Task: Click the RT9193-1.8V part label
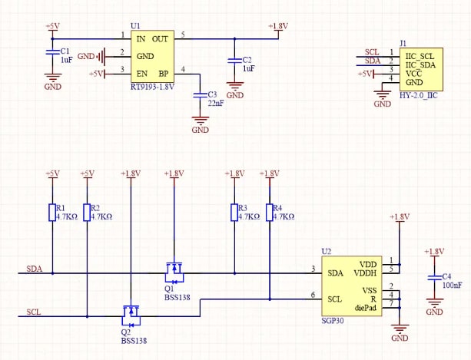(x=153, y=87)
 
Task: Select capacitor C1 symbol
(x=52, y=52)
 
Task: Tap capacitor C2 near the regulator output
(x=234, y=62)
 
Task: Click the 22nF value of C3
(x=216, y=104)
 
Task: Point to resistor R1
(x=51, y=212)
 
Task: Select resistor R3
(x=234, y=212)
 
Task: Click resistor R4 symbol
(x=269, y=212)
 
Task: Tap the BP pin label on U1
(x=163, y=74)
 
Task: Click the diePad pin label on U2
(x=366, y=308)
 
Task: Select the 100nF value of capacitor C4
(x=452, y=286)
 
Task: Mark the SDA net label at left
(x=35, y=269)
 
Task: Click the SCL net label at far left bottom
(x=34, y=312)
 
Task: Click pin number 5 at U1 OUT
(x=183, y=33)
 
